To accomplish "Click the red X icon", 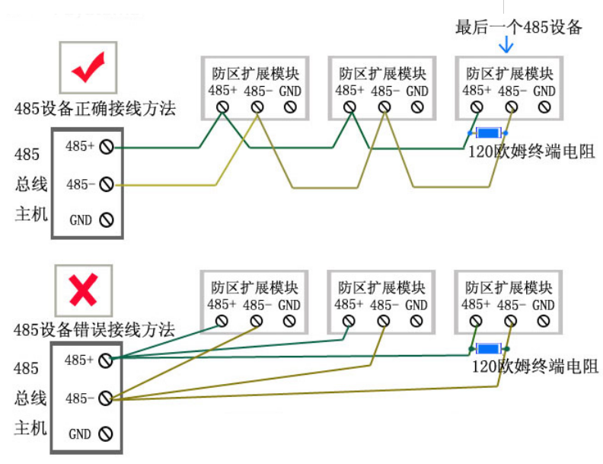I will click(83, 290).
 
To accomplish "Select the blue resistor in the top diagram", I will click(487, 133).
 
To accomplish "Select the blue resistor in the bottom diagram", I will click(487, 348).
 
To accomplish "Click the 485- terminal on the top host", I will click(106, 184).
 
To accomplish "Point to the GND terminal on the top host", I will click(106, 220).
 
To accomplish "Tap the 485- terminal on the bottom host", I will click(106, 397).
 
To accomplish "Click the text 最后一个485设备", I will click(518, 27).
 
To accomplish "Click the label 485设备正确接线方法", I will click(94, 109).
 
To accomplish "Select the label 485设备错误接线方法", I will click(94, 330).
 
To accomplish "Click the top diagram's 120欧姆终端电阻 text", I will click(532, 152).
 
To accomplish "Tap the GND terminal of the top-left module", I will click(289, 107).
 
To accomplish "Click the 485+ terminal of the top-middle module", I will click(350, 107).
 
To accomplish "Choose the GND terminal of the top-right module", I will click(544, 107).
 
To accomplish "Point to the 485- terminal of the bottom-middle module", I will click(383, 322).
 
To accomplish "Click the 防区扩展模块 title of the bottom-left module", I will click(254, 288).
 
